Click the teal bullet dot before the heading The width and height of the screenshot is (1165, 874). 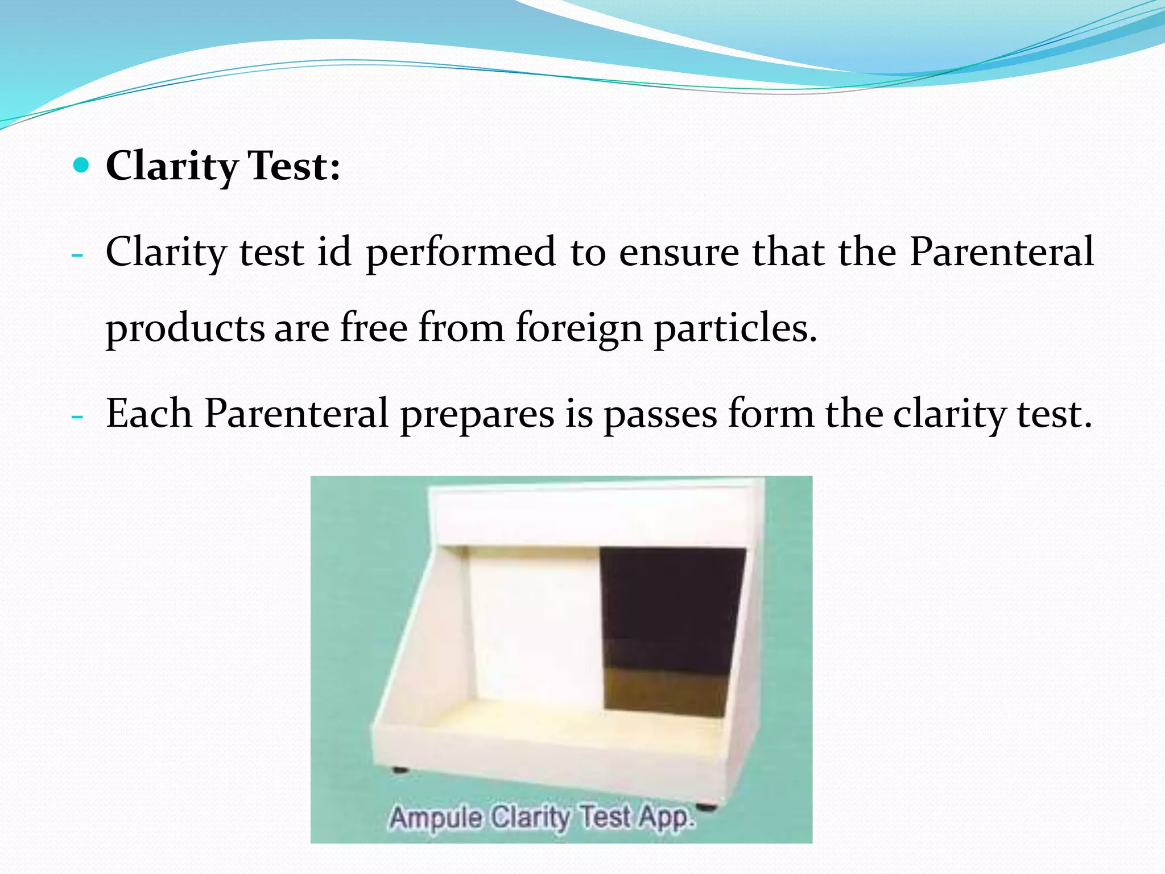[82, 166]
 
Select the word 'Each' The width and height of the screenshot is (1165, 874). [149, 413]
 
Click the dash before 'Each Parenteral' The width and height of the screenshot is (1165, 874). [78, 416]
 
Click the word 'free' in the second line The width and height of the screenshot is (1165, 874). [374, 328]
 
